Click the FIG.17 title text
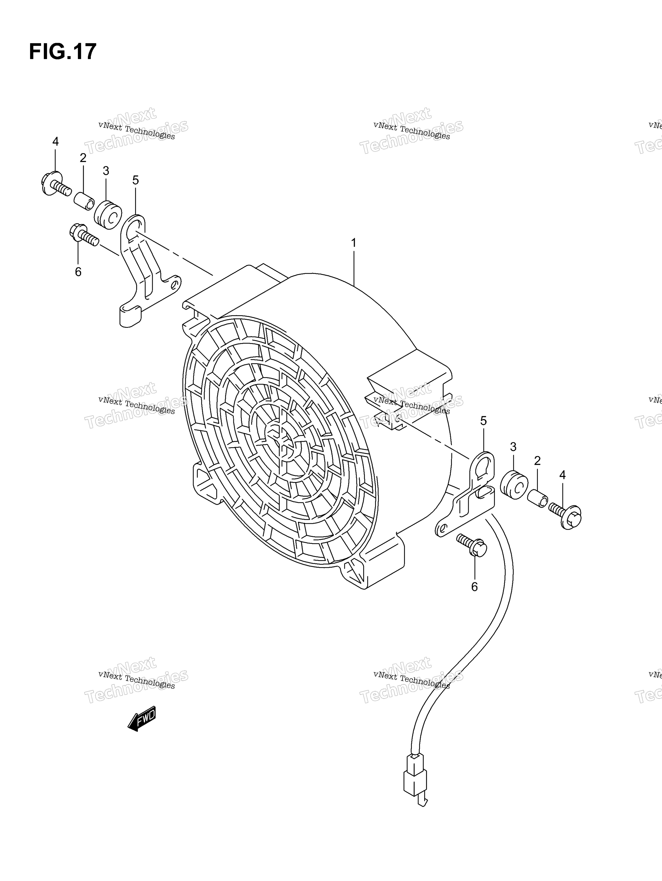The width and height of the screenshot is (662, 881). [62, 51]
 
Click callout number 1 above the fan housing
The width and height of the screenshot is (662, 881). [353, 243]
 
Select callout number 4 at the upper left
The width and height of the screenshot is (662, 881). [55, 141]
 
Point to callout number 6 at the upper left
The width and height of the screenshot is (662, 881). [78, 272]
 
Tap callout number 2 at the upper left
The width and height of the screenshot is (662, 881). [83, 158]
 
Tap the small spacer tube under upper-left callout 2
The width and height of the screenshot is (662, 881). [84, 200]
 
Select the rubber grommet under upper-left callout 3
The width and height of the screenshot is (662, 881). [108, 215]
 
